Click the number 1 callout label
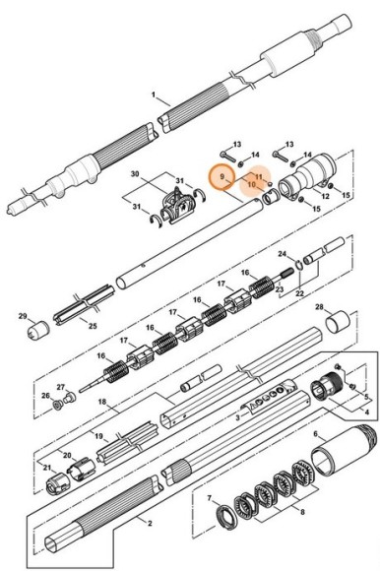tap(154, 95)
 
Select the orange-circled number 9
tap(222, 176)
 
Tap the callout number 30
tap(135, 174)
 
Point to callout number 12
tap(325, 196)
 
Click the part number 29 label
tap(23, 316)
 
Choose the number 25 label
tap(93, 326)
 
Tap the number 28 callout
tap(319, 307)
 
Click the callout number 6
tap(316, 434)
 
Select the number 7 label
tap(210, 498)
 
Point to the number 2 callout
tap(150, 524)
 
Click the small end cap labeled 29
tap(38, 330)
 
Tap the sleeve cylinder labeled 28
tap(338, 321)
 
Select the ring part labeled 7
tap(226, 517)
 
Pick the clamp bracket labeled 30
tap(177, 205)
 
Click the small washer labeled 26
tap(57, 405)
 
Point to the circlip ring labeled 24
tap(297, 265)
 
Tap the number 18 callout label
tap(102, 402)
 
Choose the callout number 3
tap(237, 417)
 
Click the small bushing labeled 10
tap(272, 197)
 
